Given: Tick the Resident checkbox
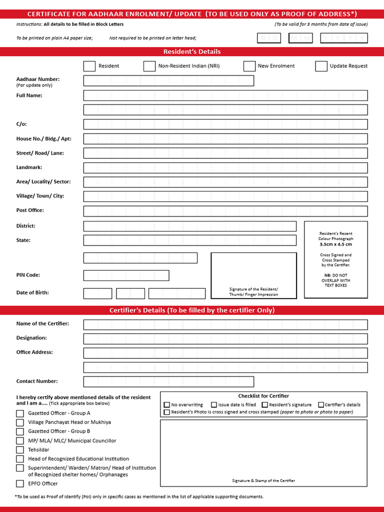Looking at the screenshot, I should [x=89, y=66].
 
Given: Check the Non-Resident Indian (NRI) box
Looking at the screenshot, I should [x=149, y=66].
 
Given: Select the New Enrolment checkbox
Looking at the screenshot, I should [x=249, y=66].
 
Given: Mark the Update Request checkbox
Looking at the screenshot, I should [x=321, y=66].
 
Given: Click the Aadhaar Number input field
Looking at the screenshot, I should [x=168, y=81].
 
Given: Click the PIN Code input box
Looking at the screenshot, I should [x=126, y=275].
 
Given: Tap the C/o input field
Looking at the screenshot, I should [x=225, y=124].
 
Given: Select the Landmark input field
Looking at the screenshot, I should [x=225, y=168].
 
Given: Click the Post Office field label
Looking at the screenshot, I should [x=30, y=210].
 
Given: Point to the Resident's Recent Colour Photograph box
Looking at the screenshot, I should [x=335, y=259].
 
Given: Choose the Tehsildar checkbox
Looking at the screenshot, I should [x=20, y=450].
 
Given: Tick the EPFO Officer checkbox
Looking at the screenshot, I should [x=20, y=483].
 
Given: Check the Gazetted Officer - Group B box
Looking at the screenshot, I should [x=20, y=431].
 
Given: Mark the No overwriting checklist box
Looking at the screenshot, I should [x=167, y=405].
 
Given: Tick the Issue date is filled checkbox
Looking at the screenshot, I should [x=214, y=405].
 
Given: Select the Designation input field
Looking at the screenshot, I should [x=225, y=339].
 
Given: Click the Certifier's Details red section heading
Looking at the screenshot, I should [x=192, y=310].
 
